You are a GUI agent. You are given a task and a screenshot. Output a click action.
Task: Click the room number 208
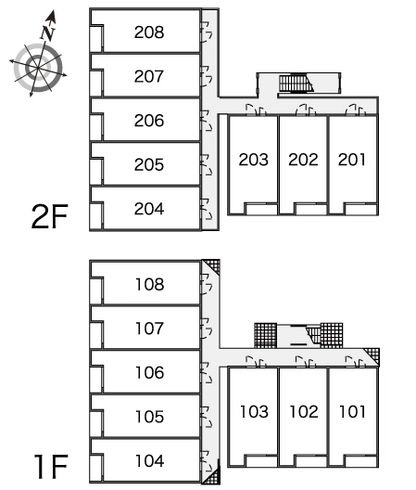point(149,32)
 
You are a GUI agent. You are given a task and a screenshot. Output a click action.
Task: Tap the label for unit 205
point(149,164)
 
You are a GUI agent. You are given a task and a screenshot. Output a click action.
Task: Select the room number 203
point(254,160)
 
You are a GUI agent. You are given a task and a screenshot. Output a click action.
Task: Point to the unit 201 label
point(352,160)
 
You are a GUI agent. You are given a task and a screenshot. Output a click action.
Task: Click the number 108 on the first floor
point(150,284)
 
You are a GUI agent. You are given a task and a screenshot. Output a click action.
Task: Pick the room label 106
point(150,372)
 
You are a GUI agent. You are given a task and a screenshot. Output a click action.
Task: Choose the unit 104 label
point(150,461)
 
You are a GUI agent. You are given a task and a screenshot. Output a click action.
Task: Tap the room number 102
point(304,411)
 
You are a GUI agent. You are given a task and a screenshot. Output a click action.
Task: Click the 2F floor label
point(50,216)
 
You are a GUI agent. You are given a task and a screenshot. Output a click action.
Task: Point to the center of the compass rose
point(38,68)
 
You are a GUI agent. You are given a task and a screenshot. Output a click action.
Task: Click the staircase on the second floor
point(296,84)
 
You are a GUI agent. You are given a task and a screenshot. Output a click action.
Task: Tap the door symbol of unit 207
point(206,76)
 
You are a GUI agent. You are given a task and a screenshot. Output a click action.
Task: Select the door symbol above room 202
point(306,110)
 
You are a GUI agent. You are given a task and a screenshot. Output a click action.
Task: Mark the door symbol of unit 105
point(206,417)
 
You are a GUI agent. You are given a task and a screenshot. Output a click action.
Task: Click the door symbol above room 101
point(356,361)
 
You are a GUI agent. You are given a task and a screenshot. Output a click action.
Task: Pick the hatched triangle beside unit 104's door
point(213,475)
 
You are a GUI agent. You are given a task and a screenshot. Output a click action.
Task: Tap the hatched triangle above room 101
point(373,355)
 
